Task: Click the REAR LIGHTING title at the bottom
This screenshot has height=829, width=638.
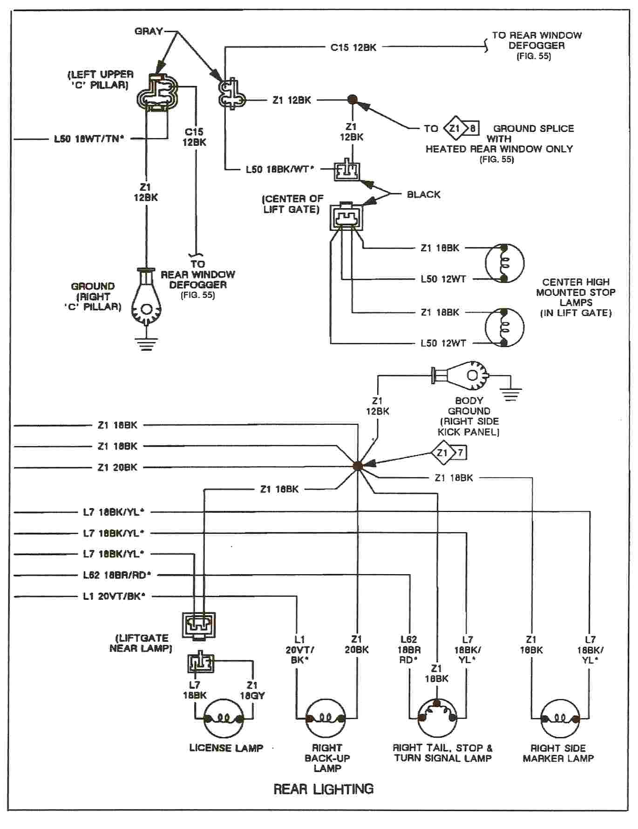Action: click(x=323, y=789)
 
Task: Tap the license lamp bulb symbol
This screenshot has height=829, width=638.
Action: click(x=224, y=719)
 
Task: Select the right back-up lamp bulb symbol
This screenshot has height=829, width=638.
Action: click(x=326, y=719)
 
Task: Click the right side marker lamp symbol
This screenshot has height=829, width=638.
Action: click(x=560, y=719)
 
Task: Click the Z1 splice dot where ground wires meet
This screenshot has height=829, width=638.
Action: click(x=358, y=465)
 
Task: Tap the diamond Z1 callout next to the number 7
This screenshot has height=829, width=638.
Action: click(x=442, y=453)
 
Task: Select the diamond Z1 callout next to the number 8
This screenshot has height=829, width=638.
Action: click(x=455, y=129)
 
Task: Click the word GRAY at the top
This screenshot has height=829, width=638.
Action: click(x=149, y=31)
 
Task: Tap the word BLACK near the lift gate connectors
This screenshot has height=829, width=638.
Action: click(x=423, y=195)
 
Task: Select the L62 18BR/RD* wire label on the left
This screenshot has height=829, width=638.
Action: click(x=117, y=575)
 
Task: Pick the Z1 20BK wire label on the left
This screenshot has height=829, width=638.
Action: click(x=117, y=467)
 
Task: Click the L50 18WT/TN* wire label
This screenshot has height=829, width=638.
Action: click(x=89, y=139)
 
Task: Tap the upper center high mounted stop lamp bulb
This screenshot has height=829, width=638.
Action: click(x=504, y=263)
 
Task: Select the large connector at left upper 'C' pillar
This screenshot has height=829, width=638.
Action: click(x=157, y=93)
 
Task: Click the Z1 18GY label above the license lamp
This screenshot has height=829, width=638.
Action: click(x=252, y=690)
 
